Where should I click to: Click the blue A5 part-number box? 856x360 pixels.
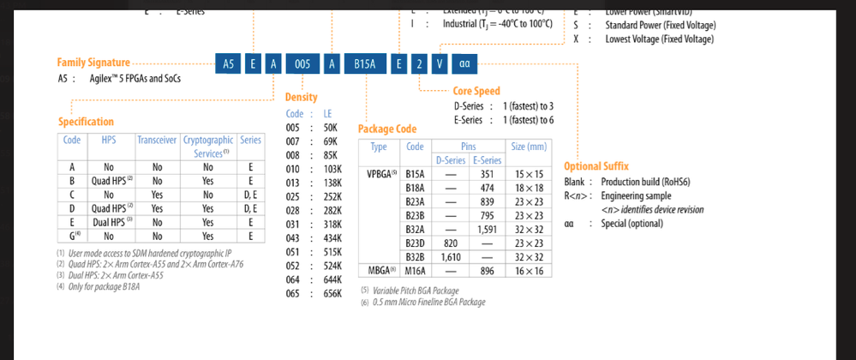click(x=228, y=63)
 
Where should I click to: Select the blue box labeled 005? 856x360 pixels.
click(x=302, y=63)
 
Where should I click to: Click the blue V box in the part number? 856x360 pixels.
click(x=439, y=63)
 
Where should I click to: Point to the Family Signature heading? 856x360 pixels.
click(x=93, y=63)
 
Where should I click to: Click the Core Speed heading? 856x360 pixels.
click(x=476, y=91)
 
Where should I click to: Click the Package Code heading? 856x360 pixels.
click(x=386, y=129)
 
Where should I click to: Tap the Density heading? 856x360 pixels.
click(x=301, y=98)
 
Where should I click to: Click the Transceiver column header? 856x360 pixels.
click(x=157, y=139)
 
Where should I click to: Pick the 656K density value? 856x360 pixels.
click(x=332, y=293)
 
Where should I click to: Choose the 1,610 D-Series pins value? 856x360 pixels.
click(x=451, y=256)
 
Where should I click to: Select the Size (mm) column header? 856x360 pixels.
click(x=529, y=147)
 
